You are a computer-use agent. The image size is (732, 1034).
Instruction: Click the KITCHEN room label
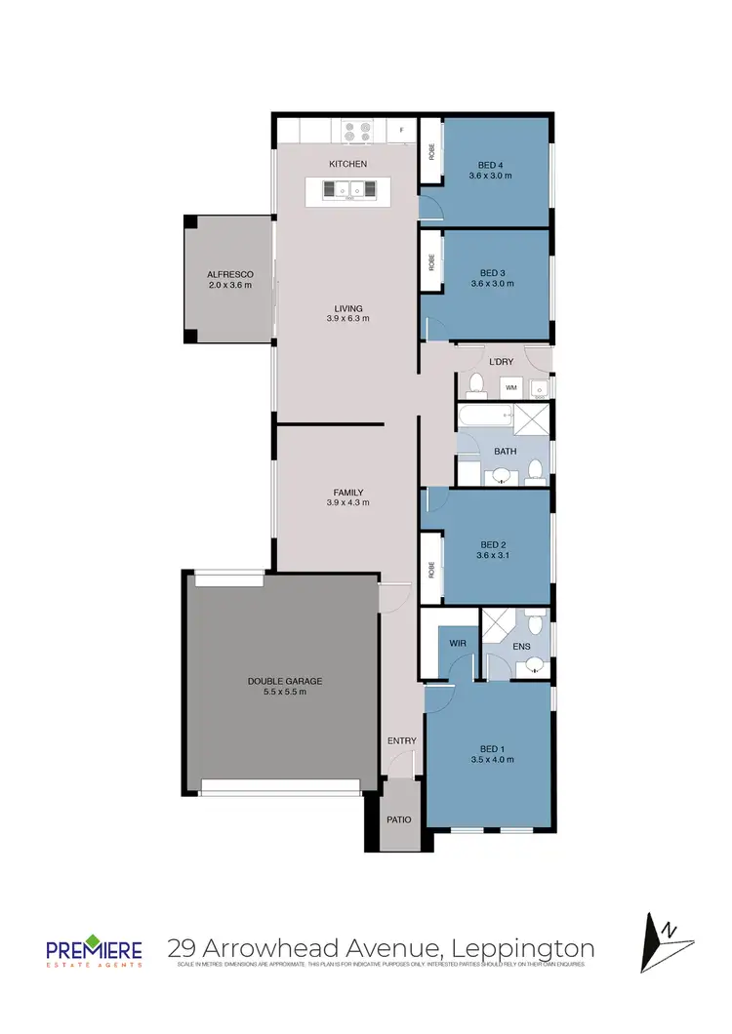(347, 164)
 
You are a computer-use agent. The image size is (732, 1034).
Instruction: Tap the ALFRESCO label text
(229, 274)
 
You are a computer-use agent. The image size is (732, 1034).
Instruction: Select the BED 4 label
(491, 164)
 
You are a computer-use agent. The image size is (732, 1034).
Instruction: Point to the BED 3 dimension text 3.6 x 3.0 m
(491, 283)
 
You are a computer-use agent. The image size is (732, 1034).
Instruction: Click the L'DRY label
(501, 362)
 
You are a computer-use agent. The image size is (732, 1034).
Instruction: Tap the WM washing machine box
(510, 388)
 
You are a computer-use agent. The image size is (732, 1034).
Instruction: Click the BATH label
(505, 451)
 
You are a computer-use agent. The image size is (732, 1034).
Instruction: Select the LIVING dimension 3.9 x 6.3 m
(347, 318)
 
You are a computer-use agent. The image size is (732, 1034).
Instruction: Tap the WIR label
(458, 644)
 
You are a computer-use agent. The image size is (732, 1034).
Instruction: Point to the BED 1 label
(491, 747)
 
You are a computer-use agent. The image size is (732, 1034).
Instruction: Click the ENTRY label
(402, 740)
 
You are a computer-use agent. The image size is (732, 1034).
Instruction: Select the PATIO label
(398, 820)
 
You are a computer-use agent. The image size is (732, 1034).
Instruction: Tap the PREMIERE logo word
(94, 948)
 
